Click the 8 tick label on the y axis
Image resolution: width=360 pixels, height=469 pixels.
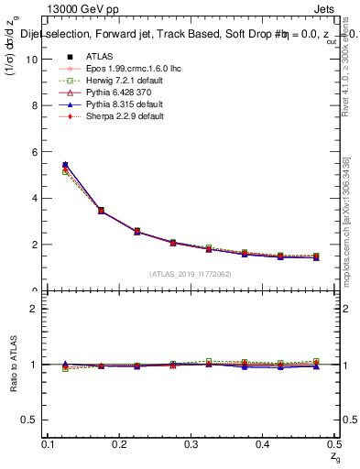(36, 105)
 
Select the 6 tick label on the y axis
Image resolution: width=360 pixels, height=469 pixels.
(36, 152)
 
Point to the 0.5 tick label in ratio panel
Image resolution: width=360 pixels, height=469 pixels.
(33, 420)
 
